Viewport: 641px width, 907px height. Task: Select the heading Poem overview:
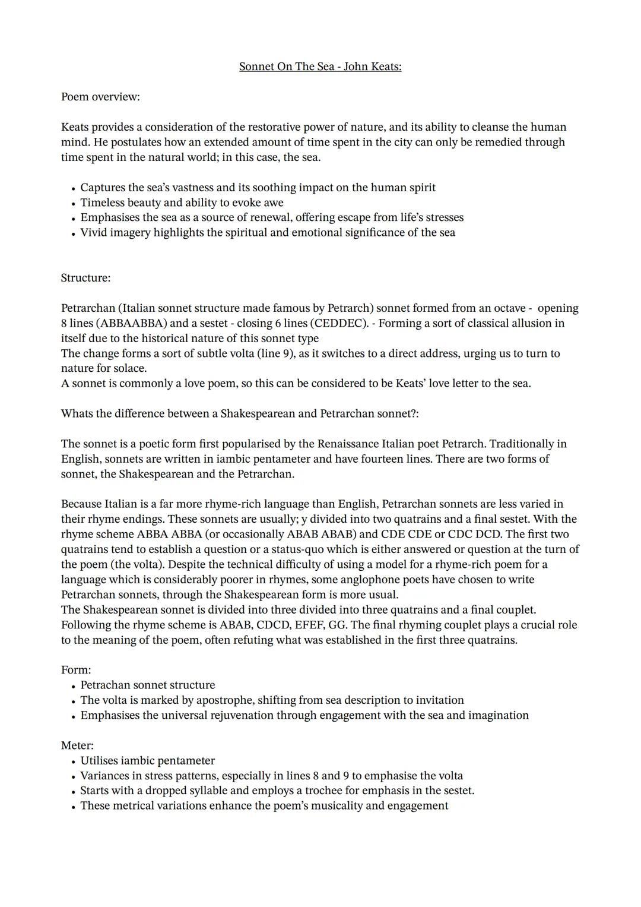100,97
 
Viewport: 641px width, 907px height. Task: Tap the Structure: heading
85,278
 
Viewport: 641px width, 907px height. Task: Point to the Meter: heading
77,745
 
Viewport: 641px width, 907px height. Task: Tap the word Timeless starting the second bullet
104,203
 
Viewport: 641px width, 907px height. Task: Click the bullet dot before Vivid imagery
72,233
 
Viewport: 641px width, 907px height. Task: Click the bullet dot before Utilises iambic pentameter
72,761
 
